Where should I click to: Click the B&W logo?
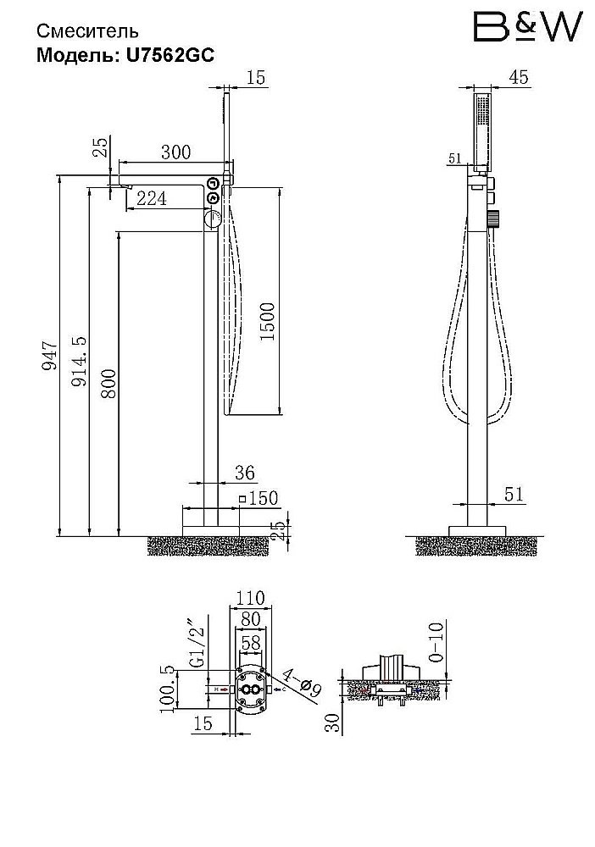pos(528,27)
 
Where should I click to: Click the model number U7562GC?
pos(170,55)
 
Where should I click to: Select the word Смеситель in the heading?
pos(87,31)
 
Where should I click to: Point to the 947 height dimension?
pos(50,356)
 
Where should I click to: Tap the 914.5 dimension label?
pos(79,361)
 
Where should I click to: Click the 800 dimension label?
pos(108,384)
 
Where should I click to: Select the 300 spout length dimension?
pos(176,152)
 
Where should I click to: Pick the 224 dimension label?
pos(152,199)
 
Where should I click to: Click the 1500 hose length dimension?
pos(267,321)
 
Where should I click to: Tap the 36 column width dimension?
pos(245,473)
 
